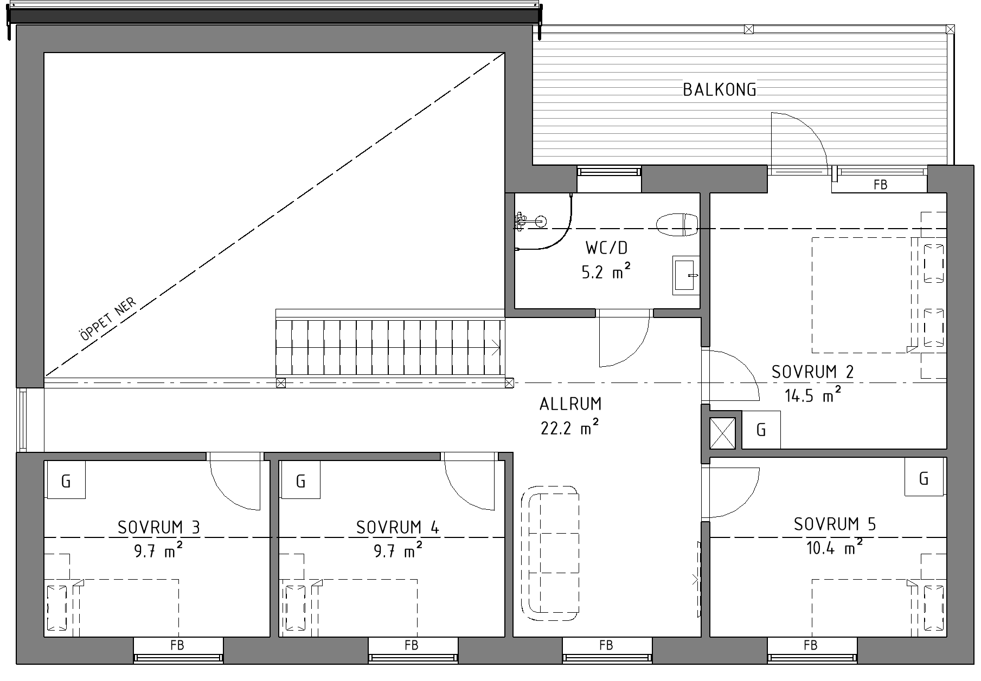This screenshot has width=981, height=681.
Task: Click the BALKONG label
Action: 719,89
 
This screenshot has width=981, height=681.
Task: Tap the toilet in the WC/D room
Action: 677,224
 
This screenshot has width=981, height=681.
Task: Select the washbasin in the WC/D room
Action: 685,276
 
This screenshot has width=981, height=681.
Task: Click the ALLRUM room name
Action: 570,404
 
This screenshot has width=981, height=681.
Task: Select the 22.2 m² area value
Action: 569,428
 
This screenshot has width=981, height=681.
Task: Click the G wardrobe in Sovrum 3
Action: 66,480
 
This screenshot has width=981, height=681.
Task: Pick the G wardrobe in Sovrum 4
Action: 300,480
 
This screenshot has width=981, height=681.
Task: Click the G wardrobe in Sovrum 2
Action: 761,430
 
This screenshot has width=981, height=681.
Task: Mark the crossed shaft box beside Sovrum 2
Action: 723,433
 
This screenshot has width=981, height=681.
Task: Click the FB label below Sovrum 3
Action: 177,645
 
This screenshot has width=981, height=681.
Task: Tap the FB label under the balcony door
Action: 881,185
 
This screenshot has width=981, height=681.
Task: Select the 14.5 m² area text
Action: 813,395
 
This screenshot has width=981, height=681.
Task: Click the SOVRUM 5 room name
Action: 835,524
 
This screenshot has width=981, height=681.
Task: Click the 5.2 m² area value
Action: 606,271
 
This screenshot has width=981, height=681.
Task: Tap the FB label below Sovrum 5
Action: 811,645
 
